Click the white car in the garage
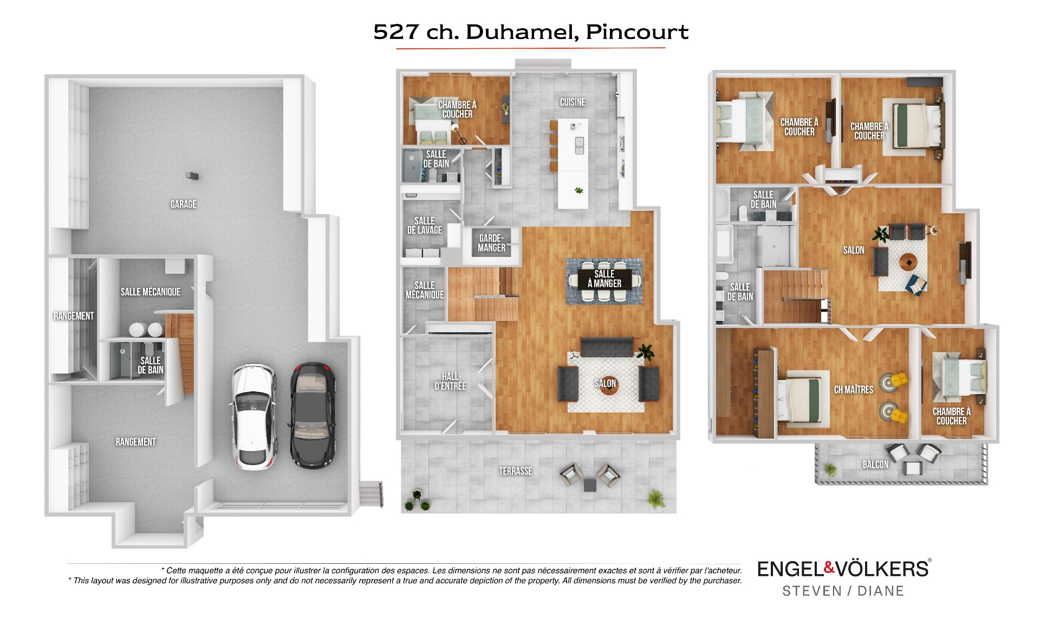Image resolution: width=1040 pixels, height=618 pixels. click(254, 416)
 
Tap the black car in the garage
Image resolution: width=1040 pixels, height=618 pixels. click(313, 415)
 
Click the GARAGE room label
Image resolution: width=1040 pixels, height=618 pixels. click(184, 204)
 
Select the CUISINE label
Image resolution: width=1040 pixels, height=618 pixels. click(573, 102)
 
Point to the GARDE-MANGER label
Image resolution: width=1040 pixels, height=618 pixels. click(492, 243)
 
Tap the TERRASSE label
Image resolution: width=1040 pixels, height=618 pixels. click(516, 471)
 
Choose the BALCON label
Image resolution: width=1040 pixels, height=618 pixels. click(875, 465)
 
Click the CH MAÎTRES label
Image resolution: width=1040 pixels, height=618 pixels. click(854, 390)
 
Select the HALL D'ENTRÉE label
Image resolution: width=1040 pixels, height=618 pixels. click(450, 381)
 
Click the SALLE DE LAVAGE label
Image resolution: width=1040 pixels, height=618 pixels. click(425, 226)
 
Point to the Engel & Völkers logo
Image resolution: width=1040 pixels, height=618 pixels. click(843, 569)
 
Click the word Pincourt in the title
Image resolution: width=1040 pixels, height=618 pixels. click(637, 32)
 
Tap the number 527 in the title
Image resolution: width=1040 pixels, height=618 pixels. click(396, 32)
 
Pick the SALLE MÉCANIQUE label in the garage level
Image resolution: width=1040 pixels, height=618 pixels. click(151, 292)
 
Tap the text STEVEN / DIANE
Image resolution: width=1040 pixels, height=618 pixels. click(843, 591)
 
